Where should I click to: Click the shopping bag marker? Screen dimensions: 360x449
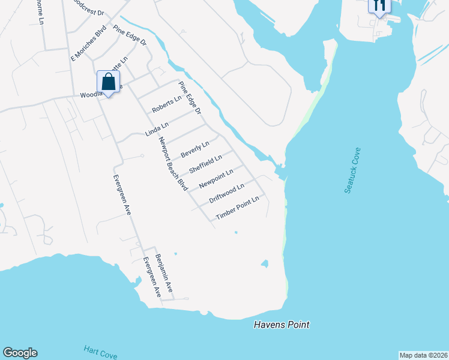[x=108, y=82]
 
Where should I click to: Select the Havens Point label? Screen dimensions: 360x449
[x=282, y=325]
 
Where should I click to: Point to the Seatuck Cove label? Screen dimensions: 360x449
[x=352, y=170]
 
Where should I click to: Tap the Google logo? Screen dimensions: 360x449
[x=20, y=353]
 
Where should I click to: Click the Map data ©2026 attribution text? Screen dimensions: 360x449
[x=424, y=355]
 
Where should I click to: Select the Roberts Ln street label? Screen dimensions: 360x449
[x=166, y=105]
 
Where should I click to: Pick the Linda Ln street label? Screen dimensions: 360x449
[x=157, y=129]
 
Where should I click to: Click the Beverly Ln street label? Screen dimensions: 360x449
[x=195, y=149]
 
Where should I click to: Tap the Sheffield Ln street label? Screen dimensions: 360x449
[x=205, y=164]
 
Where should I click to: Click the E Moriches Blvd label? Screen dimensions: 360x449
[x=88, y=43]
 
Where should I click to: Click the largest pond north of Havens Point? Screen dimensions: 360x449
[x=264, y=263]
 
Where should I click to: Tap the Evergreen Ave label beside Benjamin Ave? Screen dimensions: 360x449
[x=151, y=277]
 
